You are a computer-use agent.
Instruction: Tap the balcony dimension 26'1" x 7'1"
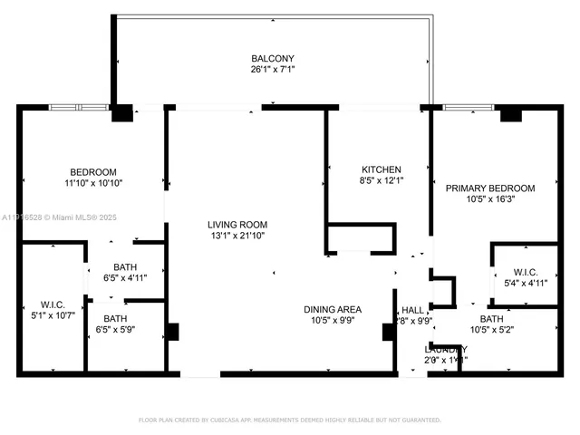(x=273, y=69)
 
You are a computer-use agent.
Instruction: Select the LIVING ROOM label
(x=236, y=225)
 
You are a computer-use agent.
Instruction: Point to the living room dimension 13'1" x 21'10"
(x=236, y=236)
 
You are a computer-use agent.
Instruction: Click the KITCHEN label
(x=381, y=169)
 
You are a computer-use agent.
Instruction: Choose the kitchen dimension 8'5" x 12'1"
(x=381, y=180)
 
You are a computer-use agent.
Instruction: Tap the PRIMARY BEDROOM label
(x=490, y=188)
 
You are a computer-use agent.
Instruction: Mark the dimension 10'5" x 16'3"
(x=490, y=199)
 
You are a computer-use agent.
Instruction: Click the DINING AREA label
(x=332, y=309)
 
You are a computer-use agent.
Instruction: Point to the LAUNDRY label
(x=446, y=349)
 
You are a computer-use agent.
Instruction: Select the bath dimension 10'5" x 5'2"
(x=492, y=330)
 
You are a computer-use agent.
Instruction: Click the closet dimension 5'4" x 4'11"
(x=525, y=282)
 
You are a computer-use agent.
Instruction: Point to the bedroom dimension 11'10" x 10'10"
(x=93, y=183)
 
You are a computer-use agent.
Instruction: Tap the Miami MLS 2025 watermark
(x=54, y=217)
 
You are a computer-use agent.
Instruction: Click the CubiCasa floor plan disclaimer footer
(x=289, y=420)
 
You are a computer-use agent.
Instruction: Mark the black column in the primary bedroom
(x=510, y=114)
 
